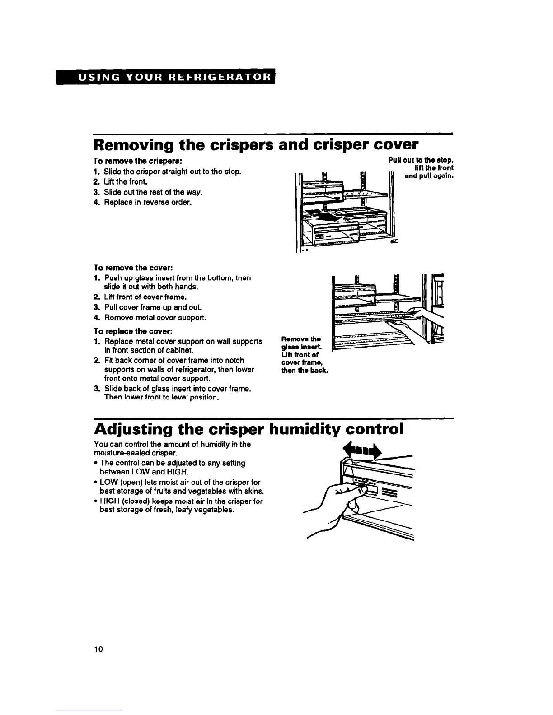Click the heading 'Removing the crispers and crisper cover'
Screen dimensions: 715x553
256,145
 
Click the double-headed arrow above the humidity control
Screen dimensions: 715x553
362,450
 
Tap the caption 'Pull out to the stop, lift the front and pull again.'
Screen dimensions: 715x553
421,168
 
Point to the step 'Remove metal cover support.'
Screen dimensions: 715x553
155,318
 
